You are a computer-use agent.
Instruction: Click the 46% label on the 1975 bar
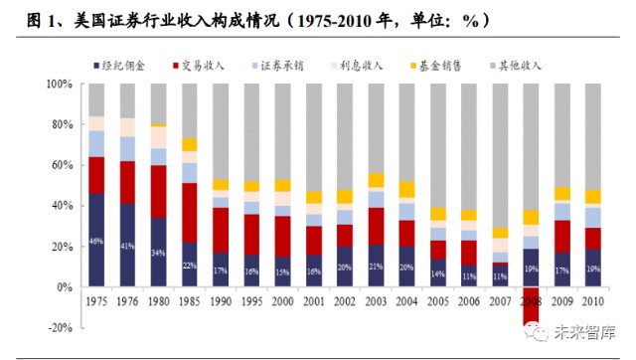point(96,242)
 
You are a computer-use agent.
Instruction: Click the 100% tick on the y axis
point(61,85)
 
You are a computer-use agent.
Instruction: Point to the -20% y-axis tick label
point(62,327)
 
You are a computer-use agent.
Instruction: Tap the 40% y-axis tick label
point(64,206)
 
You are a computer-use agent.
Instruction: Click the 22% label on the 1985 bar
point(190,266)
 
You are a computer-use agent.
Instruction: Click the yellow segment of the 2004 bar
point(407,190)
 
